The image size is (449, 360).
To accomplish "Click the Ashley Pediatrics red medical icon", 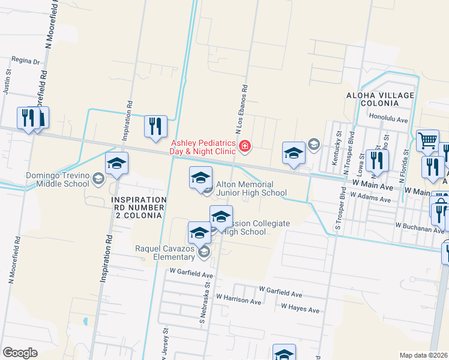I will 244,146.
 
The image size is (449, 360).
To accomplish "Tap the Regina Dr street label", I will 25,61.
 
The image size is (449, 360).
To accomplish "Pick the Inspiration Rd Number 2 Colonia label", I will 138,207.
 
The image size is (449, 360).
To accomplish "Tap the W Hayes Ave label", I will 300,309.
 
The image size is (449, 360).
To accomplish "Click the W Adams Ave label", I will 371,196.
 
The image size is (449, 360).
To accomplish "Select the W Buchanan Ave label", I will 420,227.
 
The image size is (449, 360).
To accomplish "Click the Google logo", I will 19,352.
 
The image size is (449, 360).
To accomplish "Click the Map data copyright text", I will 423,355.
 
